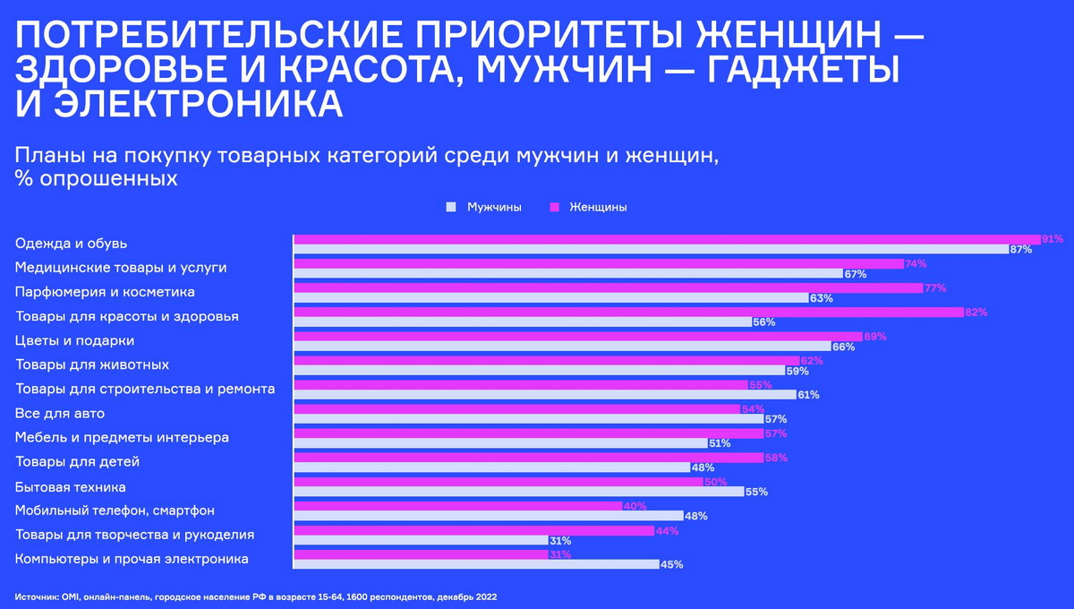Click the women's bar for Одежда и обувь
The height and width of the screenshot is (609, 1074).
coord(667,239)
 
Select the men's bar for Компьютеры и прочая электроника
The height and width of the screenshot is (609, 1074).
coord(477,564)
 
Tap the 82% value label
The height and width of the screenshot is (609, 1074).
coord(976,312)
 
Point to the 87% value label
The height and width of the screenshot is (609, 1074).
coord(1020,250)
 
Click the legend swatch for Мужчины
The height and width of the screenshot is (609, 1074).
coord(452,207)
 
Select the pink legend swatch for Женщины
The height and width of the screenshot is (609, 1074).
coord(554,207)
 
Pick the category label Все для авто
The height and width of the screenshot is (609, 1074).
coord(60,414)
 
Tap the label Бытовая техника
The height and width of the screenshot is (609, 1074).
coord(70,487)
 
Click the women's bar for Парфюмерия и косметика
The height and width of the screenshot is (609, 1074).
coord(609,287)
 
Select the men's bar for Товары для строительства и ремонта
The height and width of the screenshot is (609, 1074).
coord(544,394)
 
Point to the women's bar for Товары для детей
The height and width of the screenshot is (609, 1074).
coord(529,458)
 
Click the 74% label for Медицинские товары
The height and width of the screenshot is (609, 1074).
coord(915,263)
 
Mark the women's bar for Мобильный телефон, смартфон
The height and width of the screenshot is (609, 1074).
coord(458,506)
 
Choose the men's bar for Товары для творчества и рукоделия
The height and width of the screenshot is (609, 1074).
coord(421,540)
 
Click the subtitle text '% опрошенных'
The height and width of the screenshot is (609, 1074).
coord(96,178)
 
